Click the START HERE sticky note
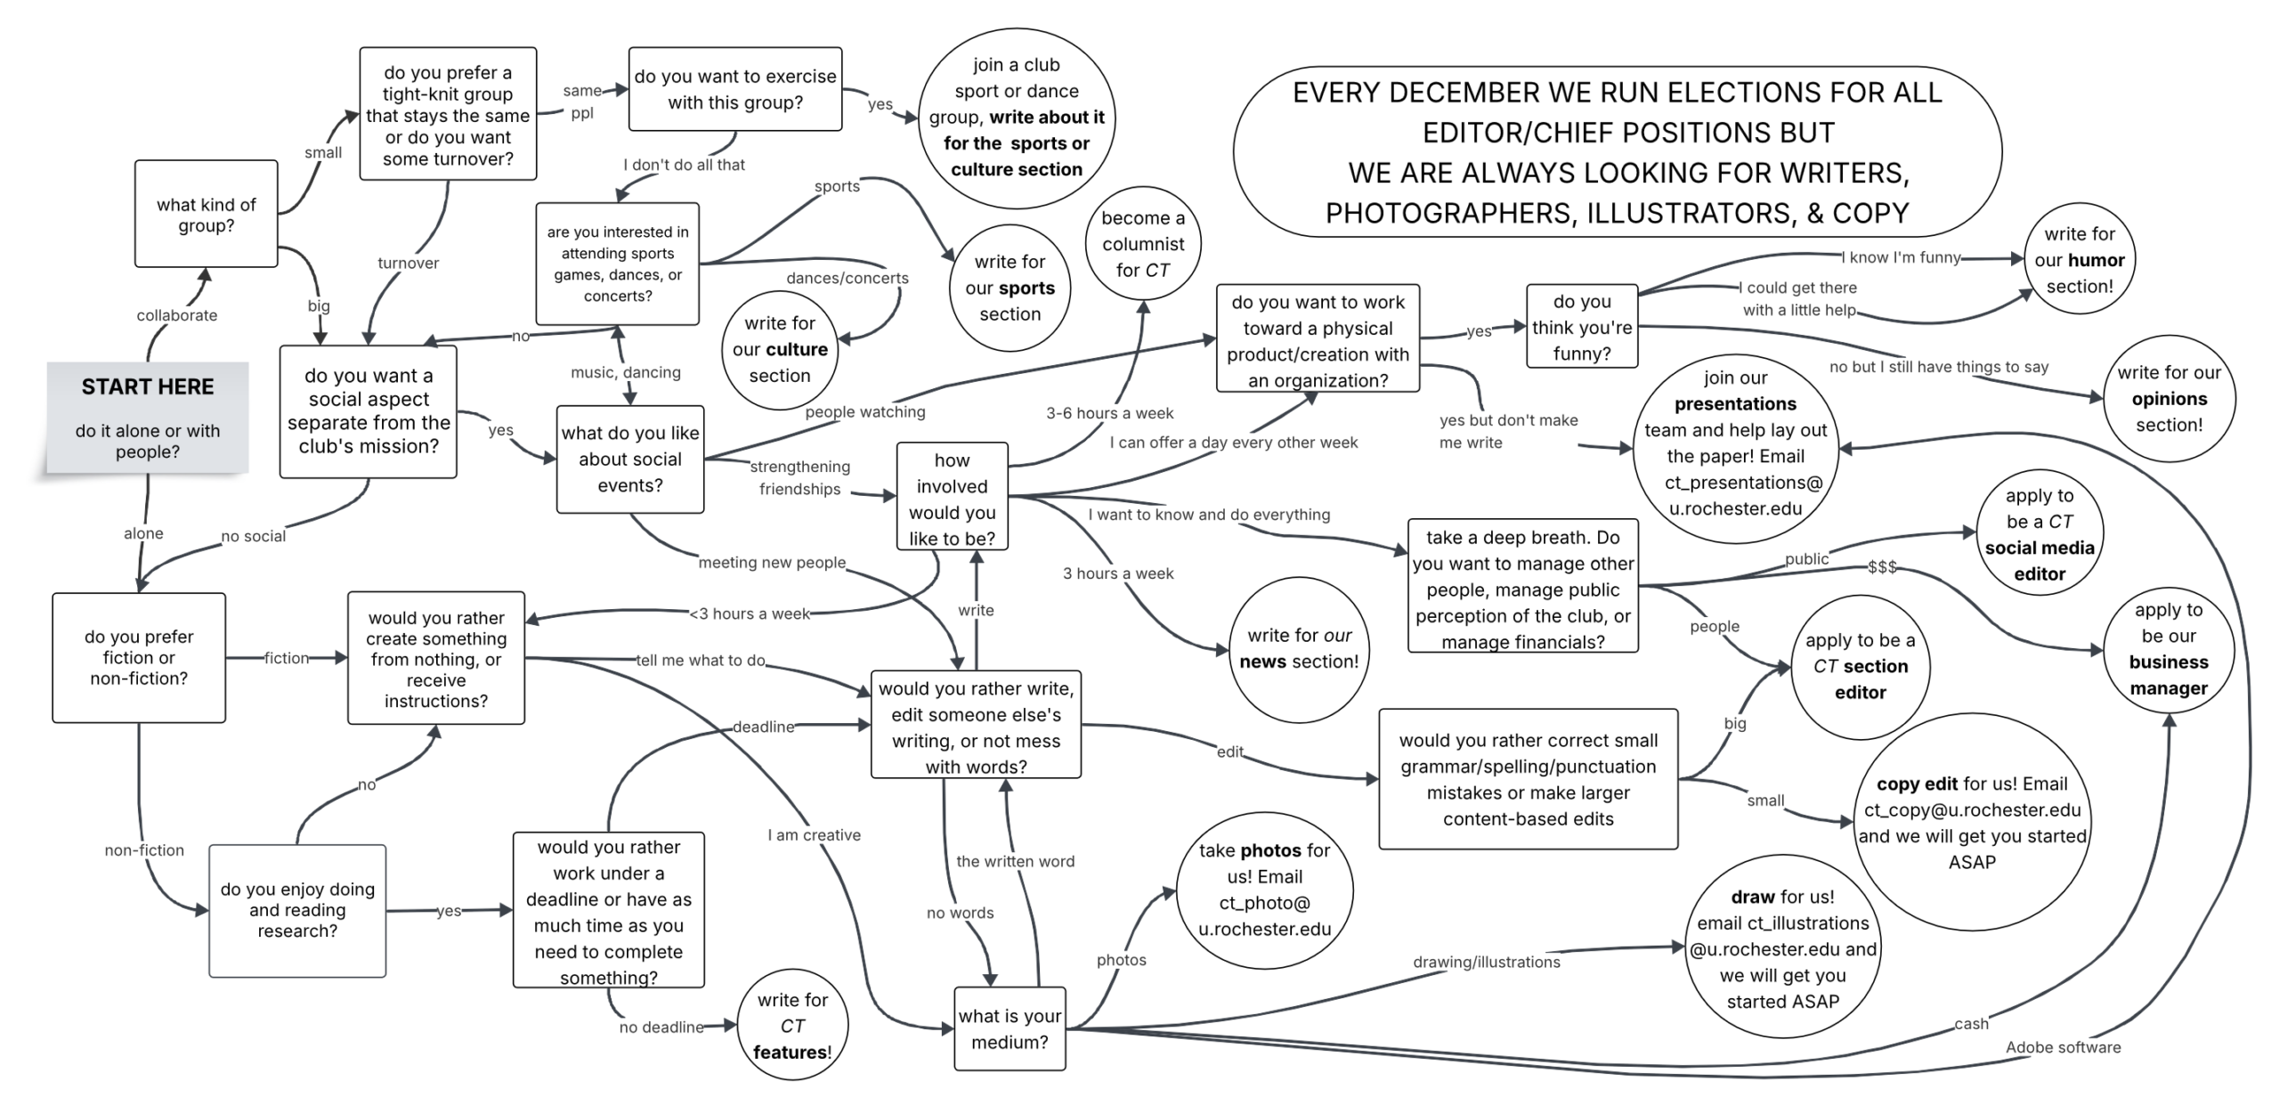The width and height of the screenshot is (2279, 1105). [x=148, y=417]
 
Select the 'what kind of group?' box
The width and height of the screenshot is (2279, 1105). [x=207, y=214]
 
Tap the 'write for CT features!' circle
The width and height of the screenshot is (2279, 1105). [x=792, y=1025]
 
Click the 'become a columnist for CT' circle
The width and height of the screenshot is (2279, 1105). [x=1143, y=244]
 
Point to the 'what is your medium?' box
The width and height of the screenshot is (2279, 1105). [x=1010, y=1028]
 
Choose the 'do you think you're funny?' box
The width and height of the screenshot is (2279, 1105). [x=1581, y=327]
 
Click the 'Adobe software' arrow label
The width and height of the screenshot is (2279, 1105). [x=2063, y=1047]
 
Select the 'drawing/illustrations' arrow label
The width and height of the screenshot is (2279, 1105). [x=1486, y=962]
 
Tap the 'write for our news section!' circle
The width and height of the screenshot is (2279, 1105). [x=1299, y=648]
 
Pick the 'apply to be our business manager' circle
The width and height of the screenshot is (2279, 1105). [x=2169, y=649]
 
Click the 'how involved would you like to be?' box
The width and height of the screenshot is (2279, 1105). [x=952, y=499]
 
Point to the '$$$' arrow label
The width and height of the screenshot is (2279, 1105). [x=1882, y=567]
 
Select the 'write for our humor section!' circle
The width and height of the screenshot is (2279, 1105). [x=2079, y=260]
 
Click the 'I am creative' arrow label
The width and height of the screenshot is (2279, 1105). [x=814, y=835]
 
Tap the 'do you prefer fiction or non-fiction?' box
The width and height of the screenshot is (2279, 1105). [x=139, y=657]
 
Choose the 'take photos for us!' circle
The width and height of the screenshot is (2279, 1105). [x=1264, y=890]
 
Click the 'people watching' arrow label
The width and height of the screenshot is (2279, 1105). [x=864, y=411]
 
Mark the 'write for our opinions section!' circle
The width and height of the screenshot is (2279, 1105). [x=2169, y=398]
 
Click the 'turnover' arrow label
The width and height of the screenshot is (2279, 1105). [x=408, y=263]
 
